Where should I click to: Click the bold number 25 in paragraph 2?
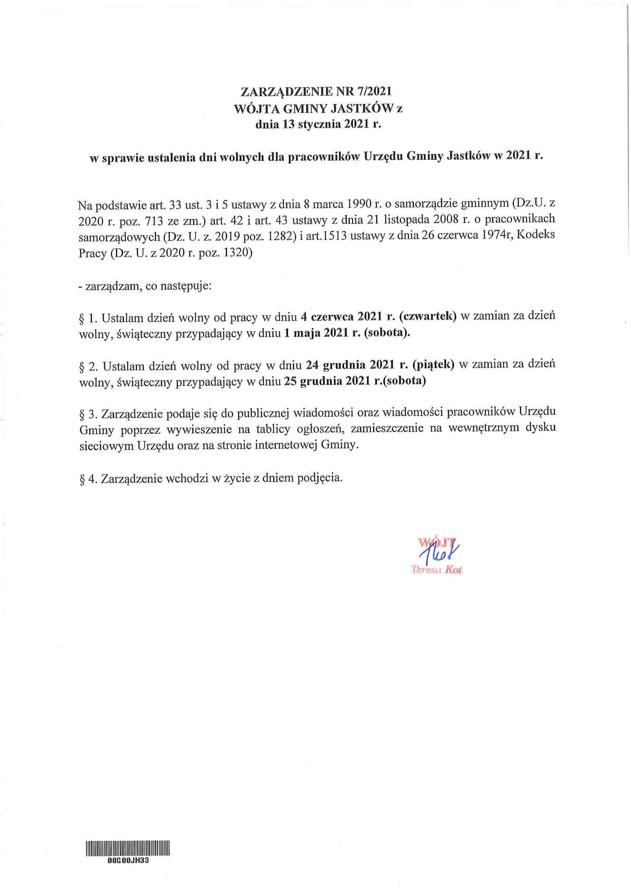coord(290,382)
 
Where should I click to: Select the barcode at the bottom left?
coord(128,848)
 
